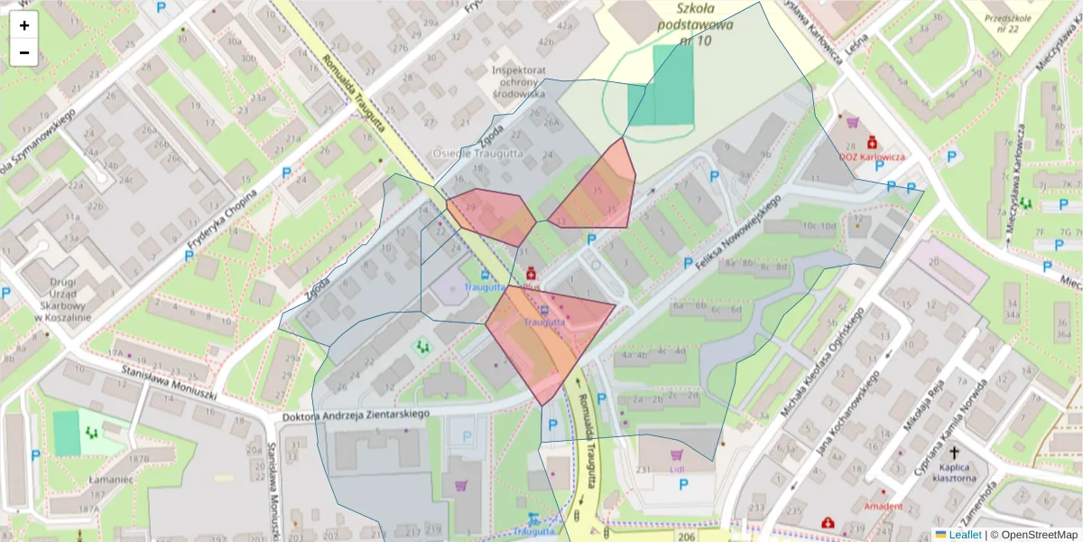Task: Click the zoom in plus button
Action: coord(24,25)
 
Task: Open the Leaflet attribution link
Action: coord(966,534)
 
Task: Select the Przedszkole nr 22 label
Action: coord(1007,23)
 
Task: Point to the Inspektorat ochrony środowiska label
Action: coord(518,81)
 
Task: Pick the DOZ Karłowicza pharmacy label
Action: coord(872,156)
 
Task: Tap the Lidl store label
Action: coord(677,469)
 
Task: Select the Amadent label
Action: coord(883,507)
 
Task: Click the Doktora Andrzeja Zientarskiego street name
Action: coord(356,414)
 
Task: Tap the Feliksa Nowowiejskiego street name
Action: coord(731,232)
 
